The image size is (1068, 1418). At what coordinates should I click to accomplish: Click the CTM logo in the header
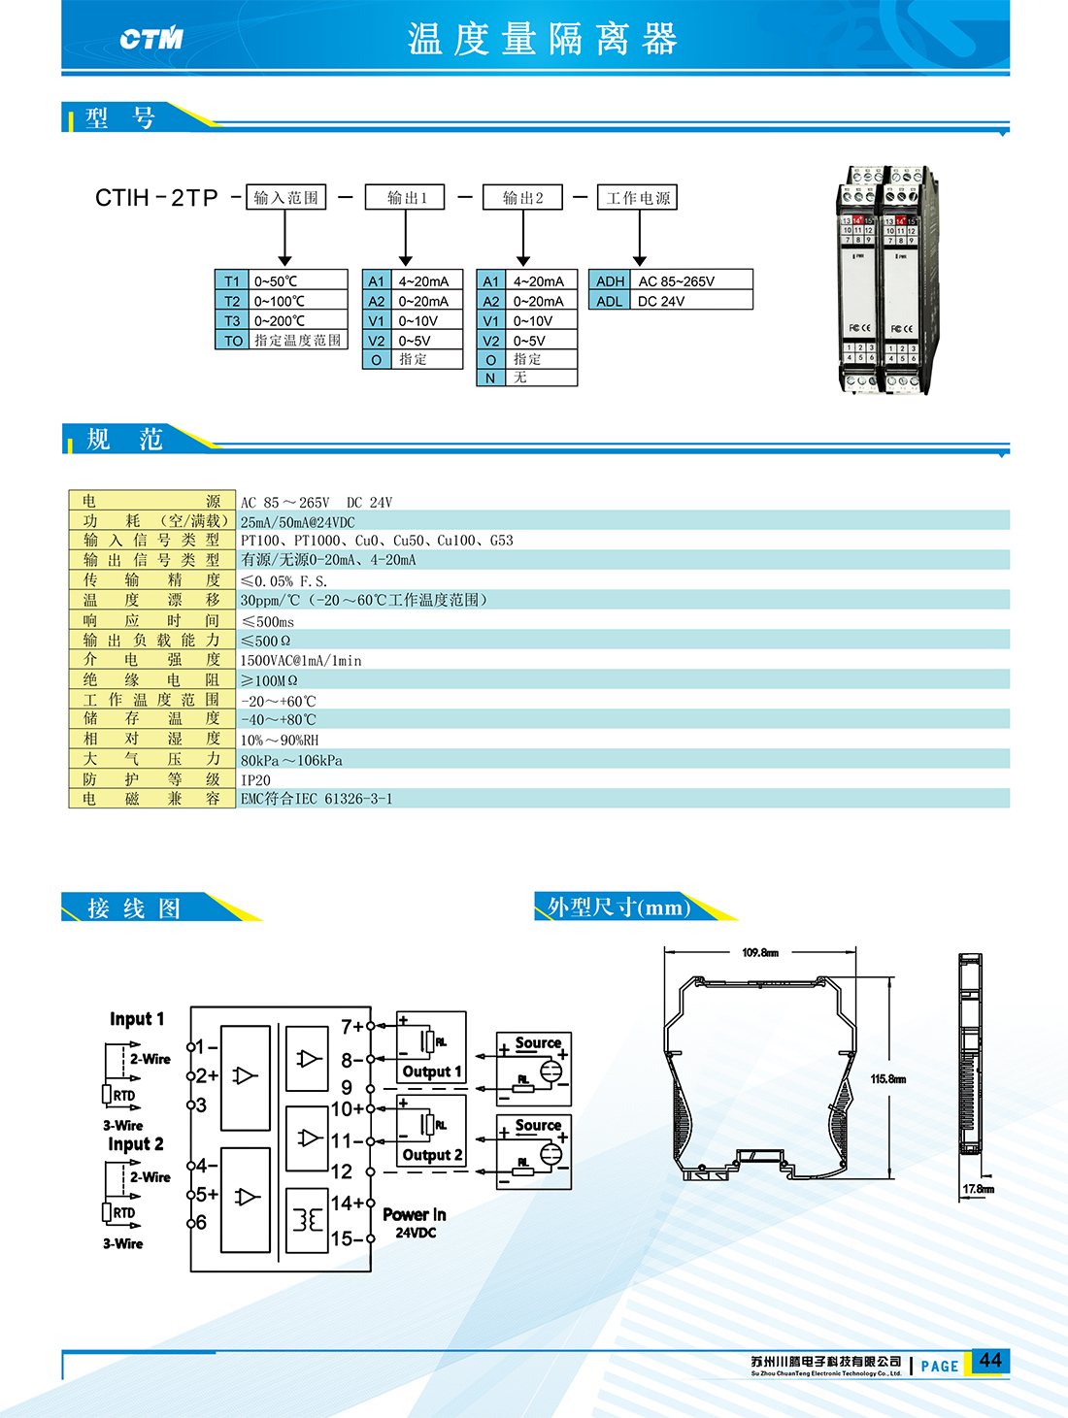pyautogui.click(x=151, y=39)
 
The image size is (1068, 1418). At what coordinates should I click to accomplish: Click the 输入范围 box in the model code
pyautogui.click(x=285, y=197)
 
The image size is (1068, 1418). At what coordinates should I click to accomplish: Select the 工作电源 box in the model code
pyautogui.click(x=638, y=197)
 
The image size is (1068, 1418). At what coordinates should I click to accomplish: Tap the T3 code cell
pyautogui.click(x=232, y=320)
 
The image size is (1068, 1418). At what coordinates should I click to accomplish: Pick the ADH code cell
pyautogui.click(x=610, y=281)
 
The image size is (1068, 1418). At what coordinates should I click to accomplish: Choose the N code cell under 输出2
pyautogui.click(x=490, y=378)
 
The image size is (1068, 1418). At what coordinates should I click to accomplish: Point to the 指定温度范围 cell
pyautogui.click(x=297, y=340)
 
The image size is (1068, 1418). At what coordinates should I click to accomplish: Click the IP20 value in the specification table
pyautogui.click(x=256, y=779)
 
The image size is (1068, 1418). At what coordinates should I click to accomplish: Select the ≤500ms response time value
pyautogui.click(x=267, y=621)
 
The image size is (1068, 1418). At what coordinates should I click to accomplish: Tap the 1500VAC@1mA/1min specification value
pyautogui.click(x=301, y=660)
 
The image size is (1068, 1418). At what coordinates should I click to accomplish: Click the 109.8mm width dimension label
pyautogui.click(x=760, y=952)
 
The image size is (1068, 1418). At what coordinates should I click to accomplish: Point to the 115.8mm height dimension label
pyautogui.click(x=887, y=1079)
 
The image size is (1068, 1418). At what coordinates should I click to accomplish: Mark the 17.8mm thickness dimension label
pyautogui.click(x=979, y=1189)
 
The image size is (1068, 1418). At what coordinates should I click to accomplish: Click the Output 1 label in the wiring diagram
pyautogui.click(x=432, y=1072)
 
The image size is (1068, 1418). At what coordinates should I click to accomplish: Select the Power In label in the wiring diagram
pyautogui.click(x=415, y=1214)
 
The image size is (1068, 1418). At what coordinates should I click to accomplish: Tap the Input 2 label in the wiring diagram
pyautogui.click(x=136, y=1144)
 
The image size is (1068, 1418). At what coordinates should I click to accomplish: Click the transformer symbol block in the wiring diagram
pyautogui.click(x=307, y=1220)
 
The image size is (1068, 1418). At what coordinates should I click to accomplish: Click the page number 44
pyautogui.click(x=989, y=1360)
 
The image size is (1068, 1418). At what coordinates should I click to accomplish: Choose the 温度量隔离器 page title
pyautogui.click(x=542, y=39)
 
